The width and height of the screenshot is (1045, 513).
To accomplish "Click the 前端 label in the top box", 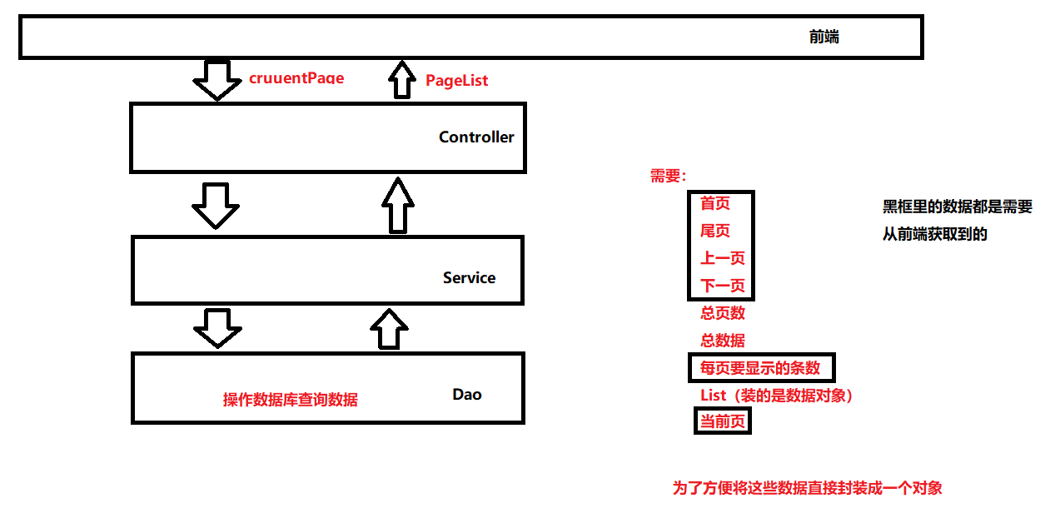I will pos(824,37).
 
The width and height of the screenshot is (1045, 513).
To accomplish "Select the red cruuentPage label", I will pos(296,78).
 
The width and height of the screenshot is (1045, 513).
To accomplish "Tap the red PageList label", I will pos(456,80).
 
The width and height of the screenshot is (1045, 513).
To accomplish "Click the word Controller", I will pos(476,137).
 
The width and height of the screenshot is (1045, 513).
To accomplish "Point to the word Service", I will pos(469,278).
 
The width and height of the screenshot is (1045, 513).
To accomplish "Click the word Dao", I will pos(467,394).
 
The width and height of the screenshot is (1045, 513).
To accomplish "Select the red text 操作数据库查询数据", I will pos(290,400).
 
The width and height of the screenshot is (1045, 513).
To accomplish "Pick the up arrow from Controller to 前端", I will pos(402,79).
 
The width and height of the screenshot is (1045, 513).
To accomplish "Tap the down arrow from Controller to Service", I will pos(216,205).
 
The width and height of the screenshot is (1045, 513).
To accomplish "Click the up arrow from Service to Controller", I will pos(397,205).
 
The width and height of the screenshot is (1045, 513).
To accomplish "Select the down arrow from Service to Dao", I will pos(217,328).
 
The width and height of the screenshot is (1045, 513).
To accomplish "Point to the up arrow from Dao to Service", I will pos(389,328).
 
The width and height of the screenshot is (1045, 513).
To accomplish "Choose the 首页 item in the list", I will pos(714,204).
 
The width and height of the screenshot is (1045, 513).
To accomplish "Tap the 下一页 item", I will pos(722,286).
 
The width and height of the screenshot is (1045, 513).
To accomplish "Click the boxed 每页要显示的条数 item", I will pos(759,367).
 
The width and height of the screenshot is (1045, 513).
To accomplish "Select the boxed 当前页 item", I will pos(722,421).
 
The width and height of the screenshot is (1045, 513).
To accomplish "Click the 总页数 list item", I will pos(722,313).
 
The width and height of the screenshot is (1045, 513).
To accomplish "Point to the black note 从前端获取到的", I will pos(934,234).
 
